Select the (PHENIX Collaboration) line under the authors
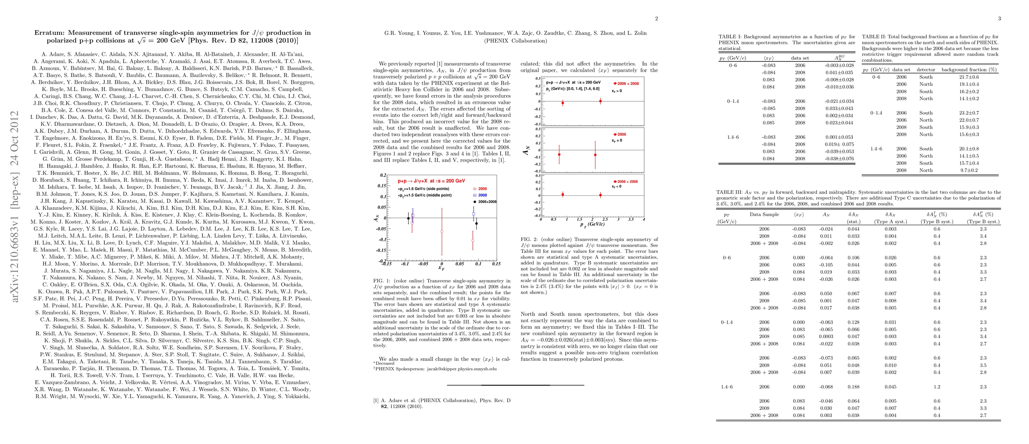click(515, 41)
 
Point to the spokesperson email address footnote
click(436, 369)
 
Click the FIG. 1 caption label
click(382, 281)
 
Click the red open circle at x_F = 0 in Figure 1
click(442, 232)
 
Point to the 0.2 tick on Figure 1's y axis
click(383, 175)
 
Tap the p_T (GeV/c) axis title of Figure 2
click(592, 224)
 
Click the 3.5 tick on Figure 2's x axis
click(631, 219)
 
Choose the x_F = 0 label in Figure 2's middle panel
click(617, 141)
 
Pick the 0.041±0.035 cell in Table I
click(839, 73)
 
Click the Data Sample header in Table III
click(764, 214)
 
